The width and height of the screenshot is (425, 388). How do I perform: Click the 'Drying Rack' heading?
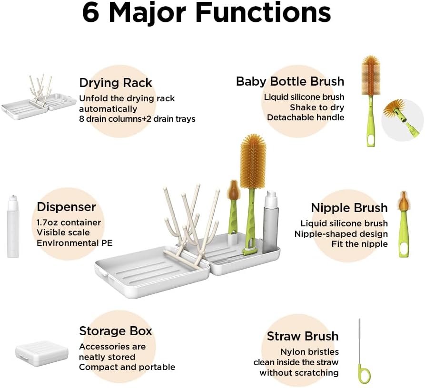tap(116, 83)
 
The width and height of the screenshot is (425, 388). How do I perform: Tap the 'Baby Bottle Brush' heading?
tap(290, 81)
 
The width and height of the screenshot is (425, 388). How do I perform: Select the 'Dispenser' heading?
tap(66, 207)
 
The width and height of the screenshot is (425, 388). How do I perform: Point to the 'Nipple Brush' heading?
tap(349, 208)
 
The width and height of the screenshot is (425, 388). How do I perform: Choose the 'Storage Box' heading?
tap(116, 331)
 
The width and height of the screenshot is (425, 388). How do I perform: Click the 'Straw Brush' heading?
tap(302, 336)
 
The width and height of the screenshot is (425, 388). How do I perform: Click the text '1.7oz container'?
tap(69, 223)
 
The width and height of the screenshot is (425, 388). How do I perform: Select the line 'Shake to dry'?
tap(317, 107)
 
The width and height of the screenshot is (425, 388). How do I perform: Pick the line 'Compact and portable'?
tap(127, 367)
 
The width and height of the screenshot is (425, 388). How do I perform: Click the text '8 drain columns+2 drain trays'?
tap(137, 119)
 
